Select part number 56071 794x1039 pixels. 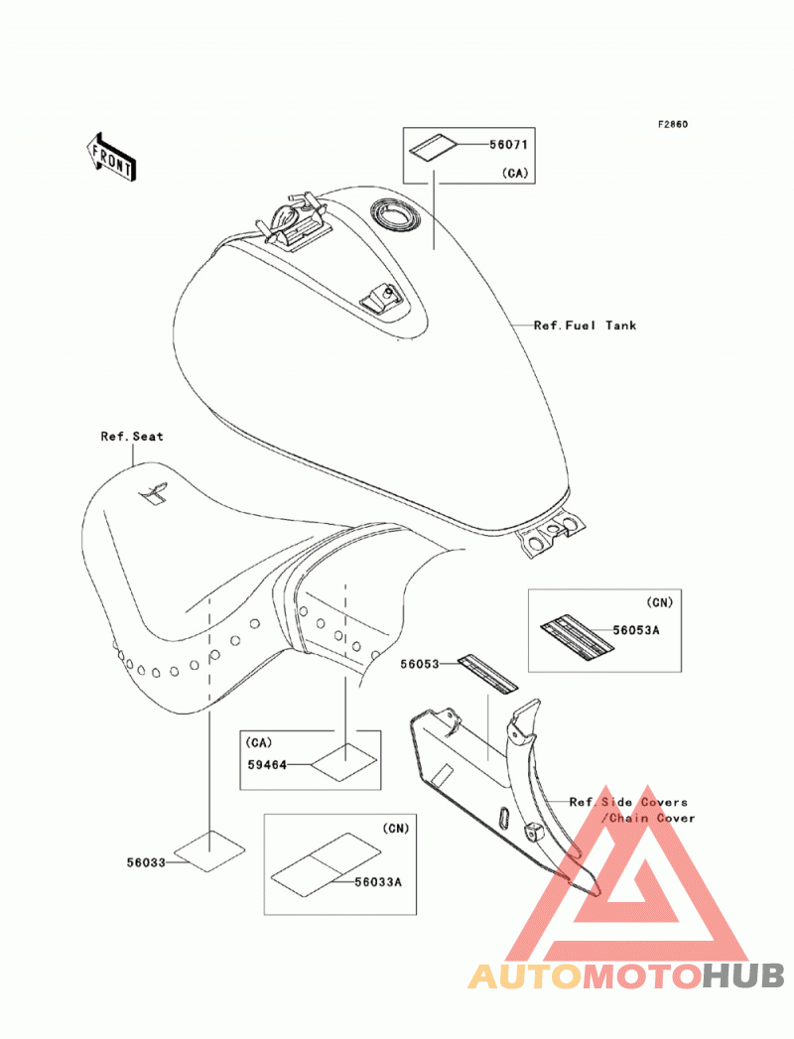[508, 145]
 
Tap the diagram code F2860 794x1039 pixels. [673, 124]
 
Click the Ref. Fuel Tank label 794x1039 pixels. [586, 325]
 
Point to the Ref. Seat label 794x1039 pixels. [132, 436]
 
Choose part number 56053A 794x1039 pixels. [636, 630]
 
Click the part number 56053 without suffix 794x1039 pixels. [420, 663]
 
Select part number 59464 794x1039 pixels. [267, 765]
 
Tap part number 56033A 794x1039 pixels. [378, 882]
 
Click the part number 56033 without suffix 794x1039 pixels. [146, 862]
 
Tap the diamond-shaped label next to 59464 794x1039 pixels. [344, 763]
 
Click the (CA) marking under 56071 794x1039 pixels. [515, 173]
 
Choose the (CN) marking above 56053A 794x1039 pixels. [659, 602]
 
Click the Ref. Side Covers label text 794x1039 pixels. [628, 802]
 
